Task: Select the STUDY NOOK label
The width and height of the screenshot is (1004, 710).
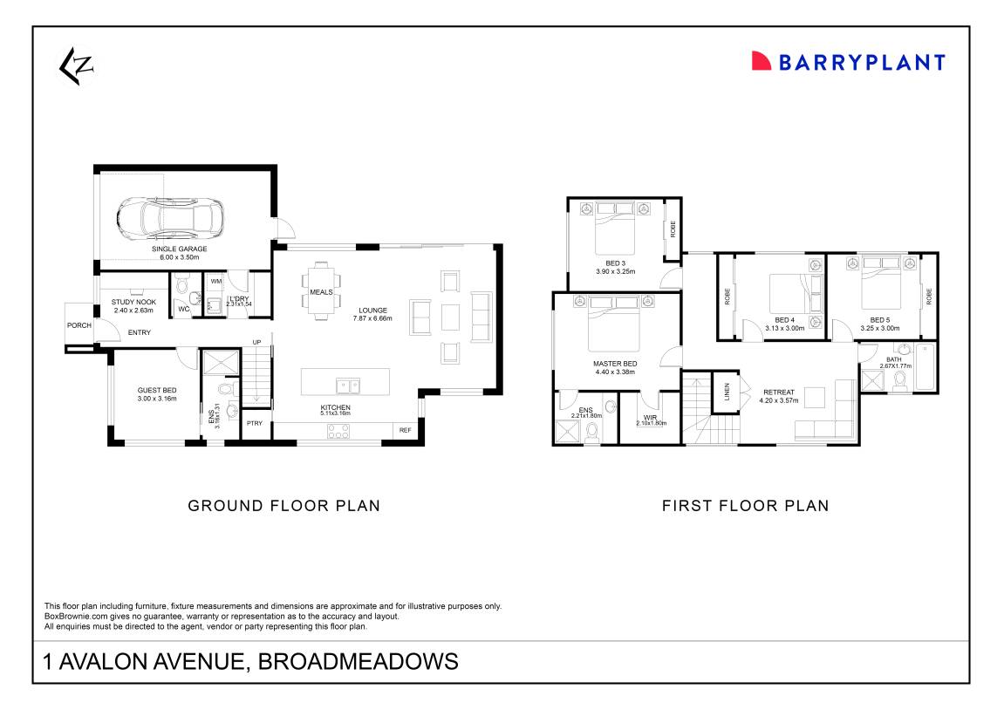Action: pos(133,302)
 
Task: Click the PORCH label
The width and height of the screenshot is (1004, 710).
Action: pos(79,325)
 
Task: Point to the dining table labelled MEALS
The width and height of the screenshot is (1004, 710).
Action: pos(320,291)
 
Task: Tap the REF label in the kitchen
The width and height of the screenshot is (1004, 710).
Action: pos(405,430)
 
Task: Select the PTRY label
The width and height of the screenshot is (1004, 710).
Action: pos(254,424)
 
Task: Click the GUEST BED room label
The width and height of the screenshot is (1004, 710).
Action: pos(157,390)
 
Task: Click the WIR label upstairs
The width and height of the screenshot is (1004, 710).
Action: pos(651,417)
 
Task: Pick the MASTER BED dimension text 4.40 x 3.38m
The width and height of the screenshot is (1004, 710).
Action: pos(615,372)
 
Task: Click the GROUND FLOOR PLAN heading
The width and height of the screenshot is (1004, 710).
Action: pos(284,505)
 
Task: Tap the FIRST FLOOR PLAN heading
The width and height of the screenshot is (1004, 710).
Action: pos(745,505)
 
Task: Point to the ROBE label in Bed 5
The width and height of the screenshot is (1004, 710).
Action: pos(930,296)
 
